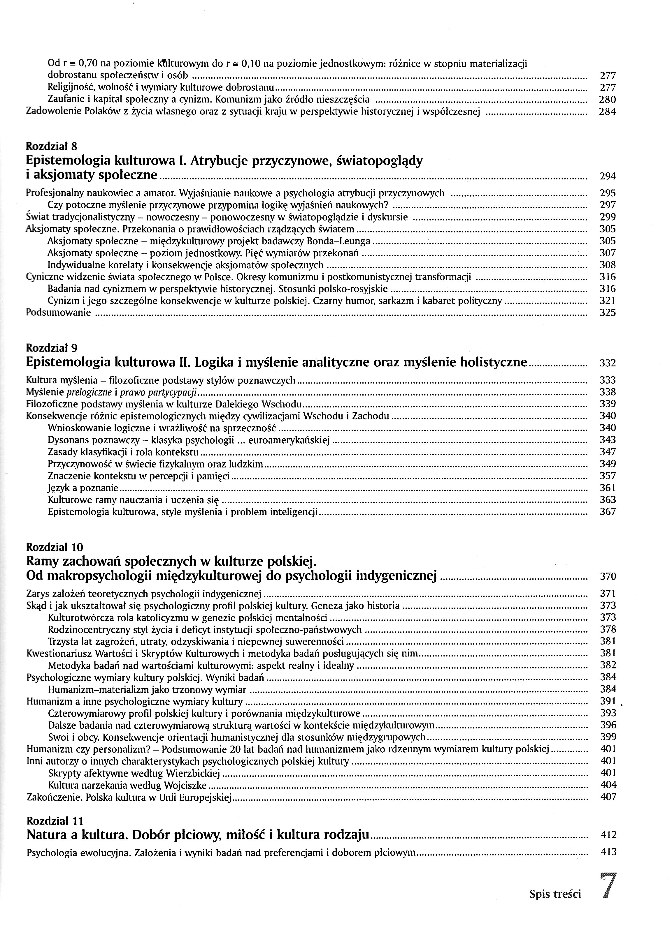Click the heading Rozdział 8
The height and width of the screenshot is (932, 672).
(x=51, y=146)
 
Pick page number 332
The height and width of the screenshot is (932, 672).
(x=608, y=363)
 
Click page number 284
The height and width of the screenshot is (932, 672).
(x=608, y=111)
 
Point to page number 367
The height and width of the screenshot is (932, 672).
(x=608, y=512)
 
